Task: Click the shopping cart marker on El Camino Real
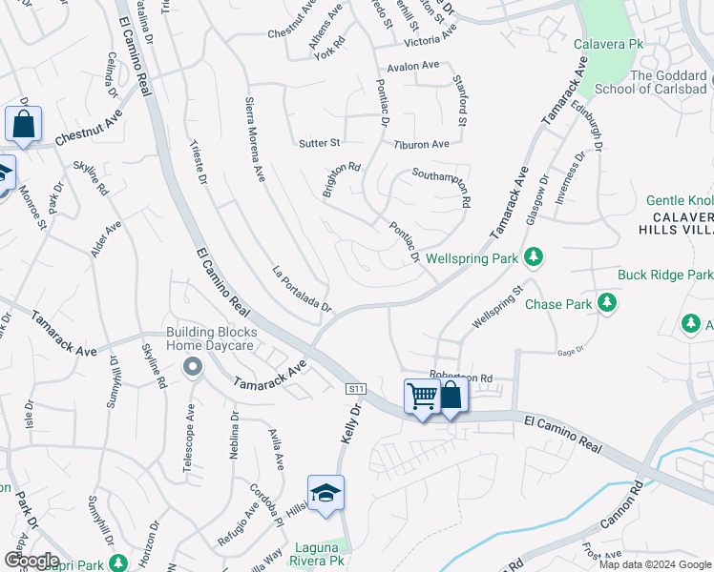click(x=422, y=396)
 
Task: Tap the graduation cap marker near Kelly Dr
click(x=325, y=493)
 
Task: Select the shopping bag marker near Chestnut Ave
click(x=23, y=124)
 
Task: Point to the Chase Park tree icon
click(x=605, y=303)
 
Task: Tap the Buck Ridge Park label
click(x=664, y=275)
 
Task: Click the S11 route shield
click(x=356, y=388)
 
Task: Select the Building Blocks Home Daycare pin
click(x=193, y=366)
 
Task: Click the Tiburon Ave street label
click(x=421, y=144)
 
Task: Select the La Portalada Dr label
click(x=301, y=288)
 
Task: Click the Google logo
click(x=31, y=561)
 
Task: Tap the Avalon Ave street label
click(x=411, y=67)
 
